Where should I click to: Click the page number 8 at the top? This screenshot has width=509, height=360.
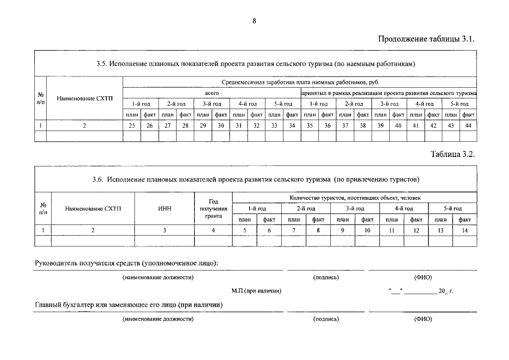(254, 21)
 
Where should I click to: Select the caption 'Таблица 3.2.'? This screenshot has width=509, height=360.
(453, 154)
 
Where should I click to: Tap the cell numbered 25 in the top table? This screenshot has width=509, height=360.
(131, 125)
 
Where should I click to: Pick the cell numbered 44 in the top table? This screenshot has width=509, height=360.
(467, 125)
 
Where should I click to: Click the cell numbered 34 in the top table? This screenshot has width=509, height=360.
(290, 125)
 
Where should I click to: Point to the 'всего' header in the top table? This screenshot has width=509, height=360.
(211, 92)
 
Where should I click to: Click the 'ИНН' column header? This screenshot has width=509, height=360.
(164, 209)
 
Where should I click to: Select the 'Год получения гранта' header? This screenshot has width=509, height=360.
(213, 209)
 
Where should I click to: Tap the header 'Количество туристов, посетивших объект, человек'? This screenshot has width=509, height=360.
(354, 197)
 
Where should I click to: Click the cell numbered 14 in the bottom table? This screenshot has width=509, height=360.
(465, 229)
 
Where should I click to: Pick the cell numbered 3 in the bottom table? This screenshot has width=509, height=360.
(164, 229)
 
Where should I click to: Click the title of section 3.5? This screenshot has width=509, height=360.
(255, 64)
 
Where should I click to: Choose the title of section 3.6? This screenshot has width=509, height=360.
(255, 179)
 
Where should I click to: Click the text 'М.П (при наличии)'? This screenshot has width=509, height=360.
(256, 291)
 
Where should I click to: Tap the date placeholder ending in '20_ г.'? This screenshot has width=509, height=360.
(420, 291)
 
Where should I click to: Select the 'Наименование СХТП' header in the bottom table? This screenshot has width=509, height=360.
(93, 209)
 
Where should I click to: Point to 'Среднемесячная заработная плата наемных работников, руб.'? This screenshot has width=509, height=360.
(300, 82)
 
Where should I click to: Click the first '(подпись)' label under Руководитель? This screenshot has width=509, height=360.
(326, 277)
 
